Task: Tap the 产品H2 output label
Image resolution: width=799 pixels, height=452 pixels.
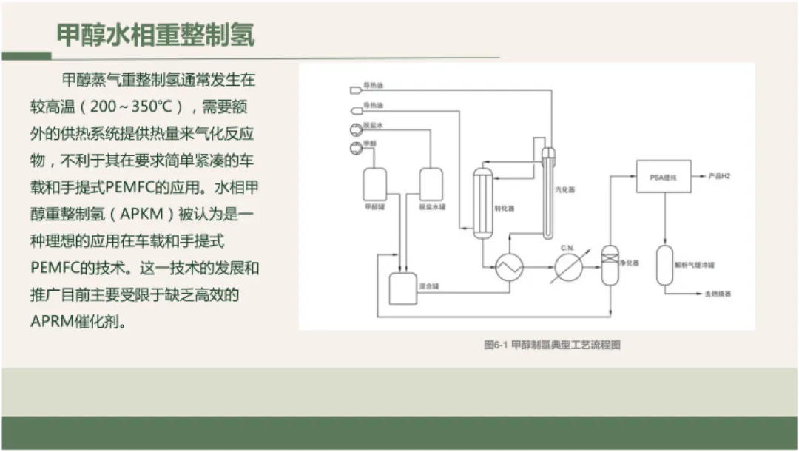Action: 720,177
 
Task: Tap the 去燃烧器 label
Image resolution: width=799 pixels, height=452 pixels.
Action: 717,294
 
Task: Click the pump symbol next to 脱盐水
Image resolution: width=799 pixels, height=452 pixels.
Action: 353,131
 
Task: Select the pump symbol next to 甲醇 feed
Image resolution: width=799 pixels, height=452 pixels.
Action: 353,148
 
